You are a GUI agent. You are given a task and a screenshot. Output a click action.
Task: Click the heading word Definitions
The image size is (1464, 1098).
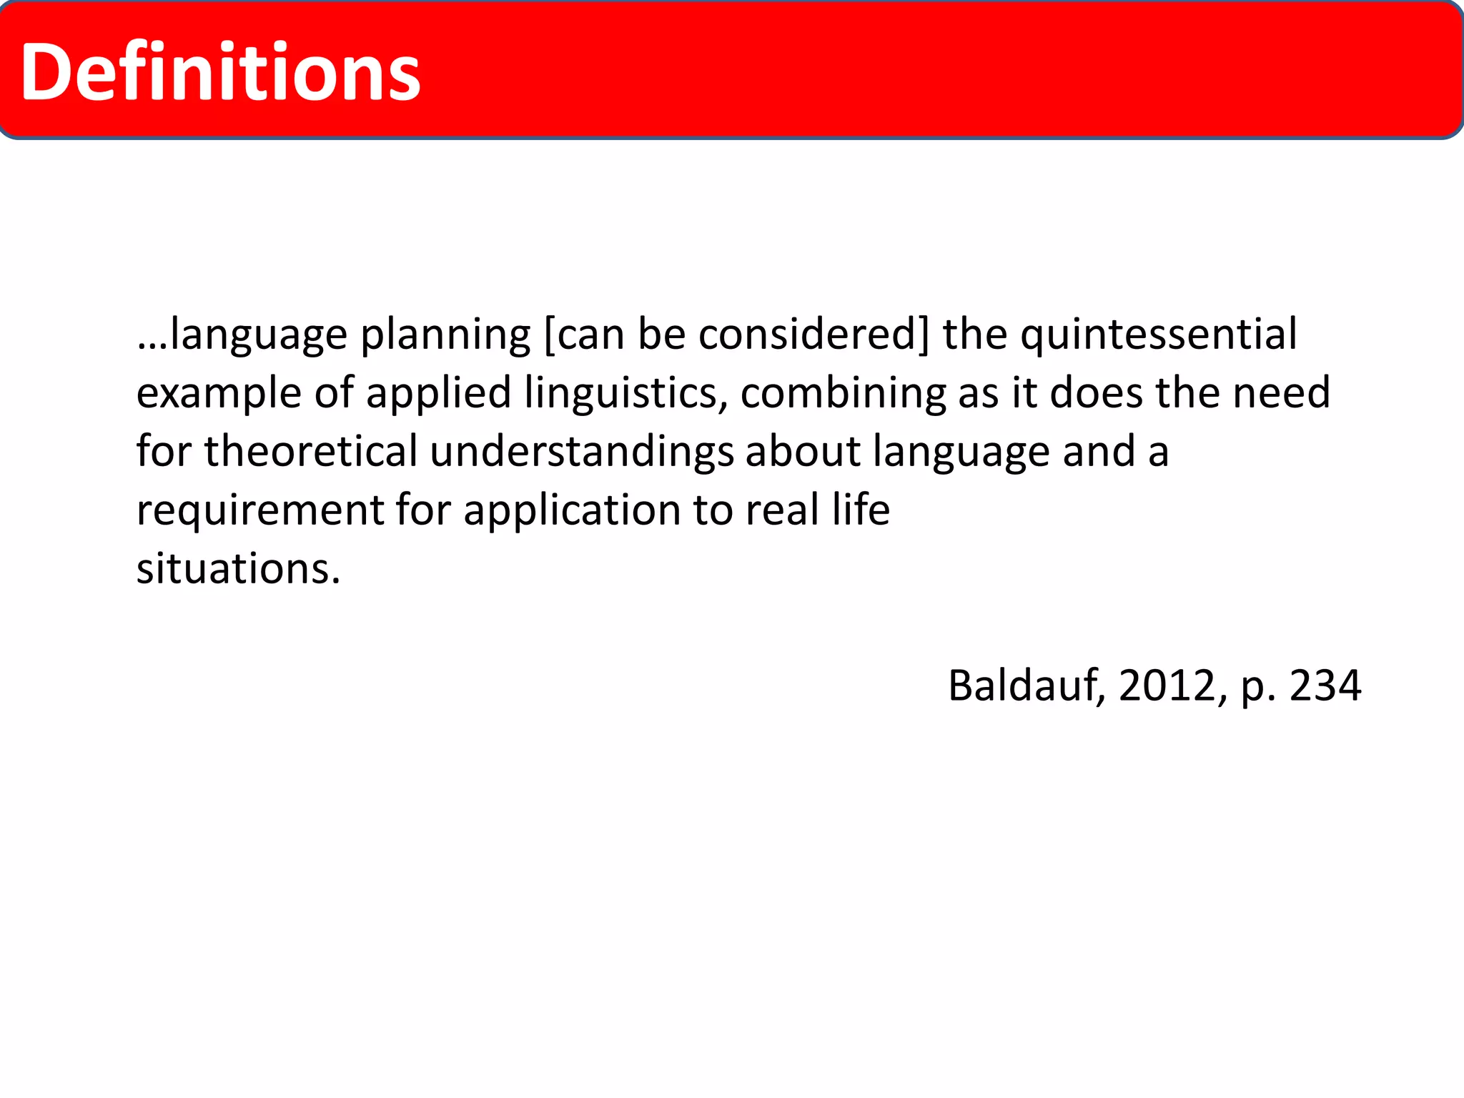(220, 71)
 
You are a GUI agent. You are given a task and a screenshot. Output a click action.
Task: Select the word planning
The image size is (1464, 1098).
(445, 335)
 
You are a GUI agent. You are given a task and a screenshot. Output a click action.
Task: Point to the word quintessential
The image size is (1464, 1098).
(1158, 335)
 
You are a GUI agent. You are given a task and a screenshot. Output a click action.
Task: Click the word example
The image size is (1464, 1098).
(219, 393)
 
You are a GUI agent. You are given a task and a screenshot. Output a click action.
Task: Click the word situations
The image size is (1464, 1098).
(238, 569)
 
